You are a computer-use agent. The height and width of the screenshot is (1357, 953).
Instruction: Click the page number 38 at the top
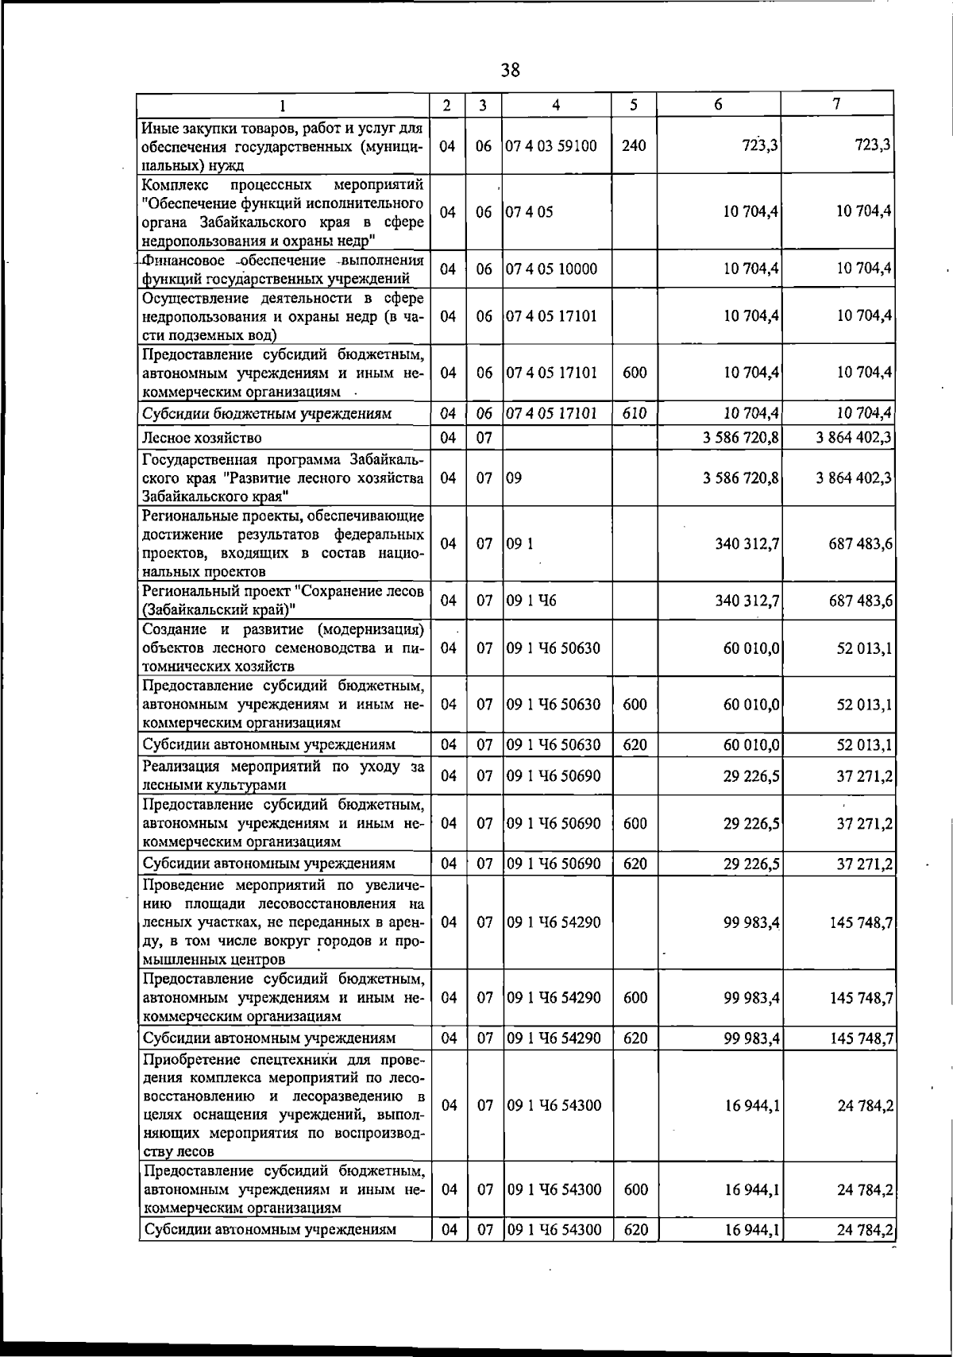pyautogui.click(x=510, y=70)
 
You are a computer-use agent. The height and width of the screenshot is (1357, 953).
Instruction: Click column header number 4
pyautogui.click(x=556, y=105)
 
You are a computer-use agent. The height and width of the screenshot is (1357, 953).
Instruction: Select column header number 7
pyautogui.click(x=836, y=104)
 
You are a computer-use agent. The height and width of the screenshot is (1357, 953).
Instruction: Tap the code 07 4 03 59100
pyautogui.click(x=551, y=146)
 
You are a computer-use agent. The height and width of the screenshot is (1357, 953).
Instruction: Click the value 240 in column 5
pyautogui.click(x=634, y=146)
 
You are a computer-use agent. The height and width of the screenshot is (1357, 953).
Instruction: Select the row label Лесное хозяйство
pyautogui.click(x=202, y=438)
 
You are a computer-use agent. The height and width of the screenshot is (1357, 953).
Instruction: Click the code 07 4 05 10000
pyautogui.click(x=551, y=269)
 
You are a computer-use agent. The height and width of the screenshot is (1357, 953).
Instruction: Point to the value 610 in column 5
pyautogui.click(x=634, y=413)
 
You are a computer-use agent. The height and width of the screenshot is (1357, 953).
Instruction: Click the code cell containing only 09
pyautogui.click(x=514, y=478)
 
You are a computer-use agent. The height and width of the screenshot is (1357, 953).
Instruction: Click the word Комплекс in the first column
pyautogui.click(x=176, y=185)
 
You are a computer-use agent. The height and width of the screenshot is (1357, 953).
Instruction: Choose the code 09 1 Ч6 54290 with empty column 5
pyautogui.click(x=553, y=922)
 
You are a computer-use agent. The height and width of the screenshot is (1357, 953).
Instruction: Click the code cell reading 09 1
pyautogui.click(x=519, y=544)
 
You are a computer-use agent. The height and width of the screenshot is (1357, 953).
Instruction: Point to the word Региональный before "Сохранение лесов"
pyautogui.click(x=195, y=591)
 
